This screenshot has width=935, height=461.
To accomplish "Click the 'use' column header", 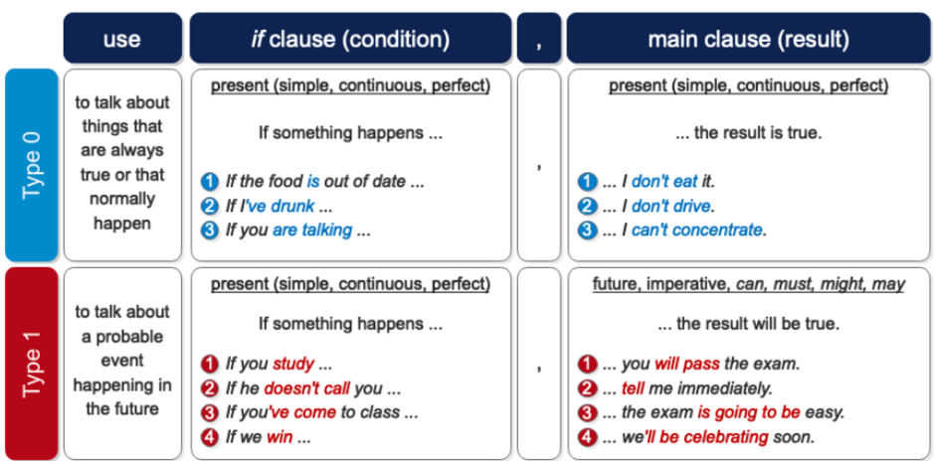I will point(122,40).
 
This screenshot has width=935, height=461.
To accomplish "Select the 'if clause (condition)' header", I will point(349,40).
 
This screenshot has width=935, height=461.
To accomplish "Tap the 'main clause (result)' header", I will point(748,40).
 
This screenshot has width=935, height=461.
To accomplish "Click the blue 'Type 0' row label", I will point(32,164).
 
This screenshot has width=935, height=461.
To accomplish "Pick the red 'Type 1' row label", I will point(32,363).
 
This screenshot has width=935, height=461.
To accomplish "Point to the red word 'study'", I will point(293,364).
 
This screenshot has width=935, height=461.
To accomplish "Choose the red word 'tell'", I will point(633,388).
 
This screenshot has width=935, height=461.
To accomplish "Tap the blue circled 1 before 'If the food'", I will point(209,182).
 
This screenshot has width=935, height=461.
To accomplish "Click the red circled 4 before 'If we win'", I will point(209,436).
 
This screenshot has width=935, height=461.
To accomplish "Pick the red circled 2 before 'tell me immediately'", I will point(588,388).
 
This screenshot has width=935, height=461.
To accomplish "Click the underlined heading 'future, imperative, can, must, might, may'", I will point(748,284).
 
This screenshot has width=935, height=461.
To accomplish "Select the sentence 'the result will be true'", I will point(748,324).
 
